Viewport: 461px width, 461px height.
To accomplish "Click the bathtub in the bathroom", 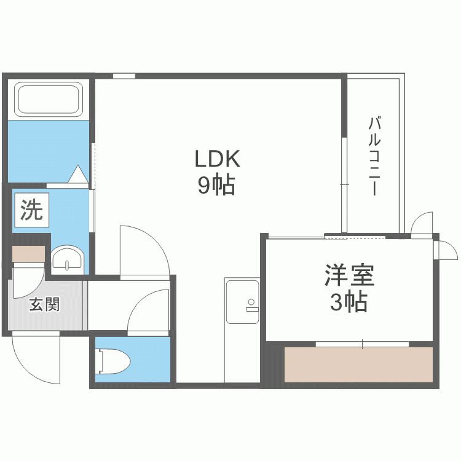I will (49, 99).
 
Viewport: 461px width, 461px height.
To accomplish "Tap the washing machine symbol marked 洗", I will (32, 210).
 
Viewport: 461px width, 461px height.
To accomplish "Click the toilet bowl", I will (114, 360).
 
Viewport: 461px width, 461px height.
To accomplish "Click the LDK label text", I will (216, 159).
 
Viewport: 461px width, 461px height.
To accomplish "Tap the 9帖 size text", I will (216, 186).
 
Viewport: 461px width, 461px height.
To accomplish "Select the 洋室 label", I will (349, 275).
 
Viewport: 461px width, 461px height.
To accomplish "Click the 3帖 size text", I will (349, 302).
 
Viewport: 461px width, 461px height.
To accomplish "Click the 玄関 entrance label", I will (44, 304).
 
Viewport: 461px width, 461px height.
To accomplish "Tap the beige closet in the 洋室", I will (359, 364).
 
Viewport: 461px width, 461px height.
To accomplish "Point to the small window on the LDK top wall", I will (124, 76).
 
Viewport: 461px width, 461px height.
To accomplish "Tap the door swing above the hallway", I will (143, 252).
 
